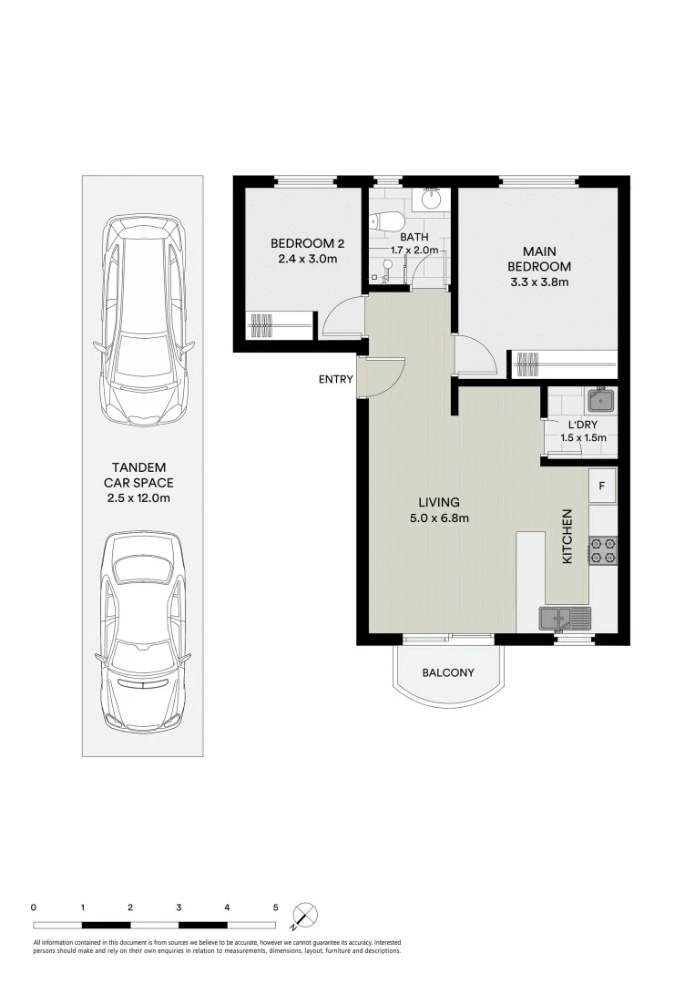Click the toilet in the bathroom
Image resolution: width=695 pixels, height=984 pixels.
point(386,221)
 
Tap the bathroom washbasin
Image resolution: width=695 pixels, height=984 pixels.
point(431,199)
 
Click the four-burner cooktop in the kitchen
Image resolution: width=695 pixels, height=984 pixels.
point(602,550)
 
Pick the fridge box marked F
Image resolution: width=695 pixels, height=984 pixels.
point(602,486)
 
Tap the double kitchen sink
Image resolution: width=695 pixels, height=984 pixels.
point(565,619)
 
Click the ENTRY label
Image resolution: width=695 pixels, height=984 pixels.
point(335,380)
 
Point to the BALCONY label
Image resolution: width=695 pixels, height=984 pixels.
point(448,673)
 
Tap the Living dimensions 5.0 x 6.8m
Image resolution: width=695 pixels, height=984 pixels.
point(438,518)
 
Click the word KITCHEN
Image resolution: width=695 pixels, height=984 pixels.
point(567,536)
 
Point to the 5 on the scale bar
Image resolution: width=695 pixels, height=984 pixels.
point(275,907)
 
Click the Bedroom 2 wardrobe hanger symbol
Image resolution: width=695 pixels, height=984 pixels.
point(261,325)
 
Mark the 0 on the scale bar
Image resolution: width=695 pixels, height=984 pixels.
point(34,907)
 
